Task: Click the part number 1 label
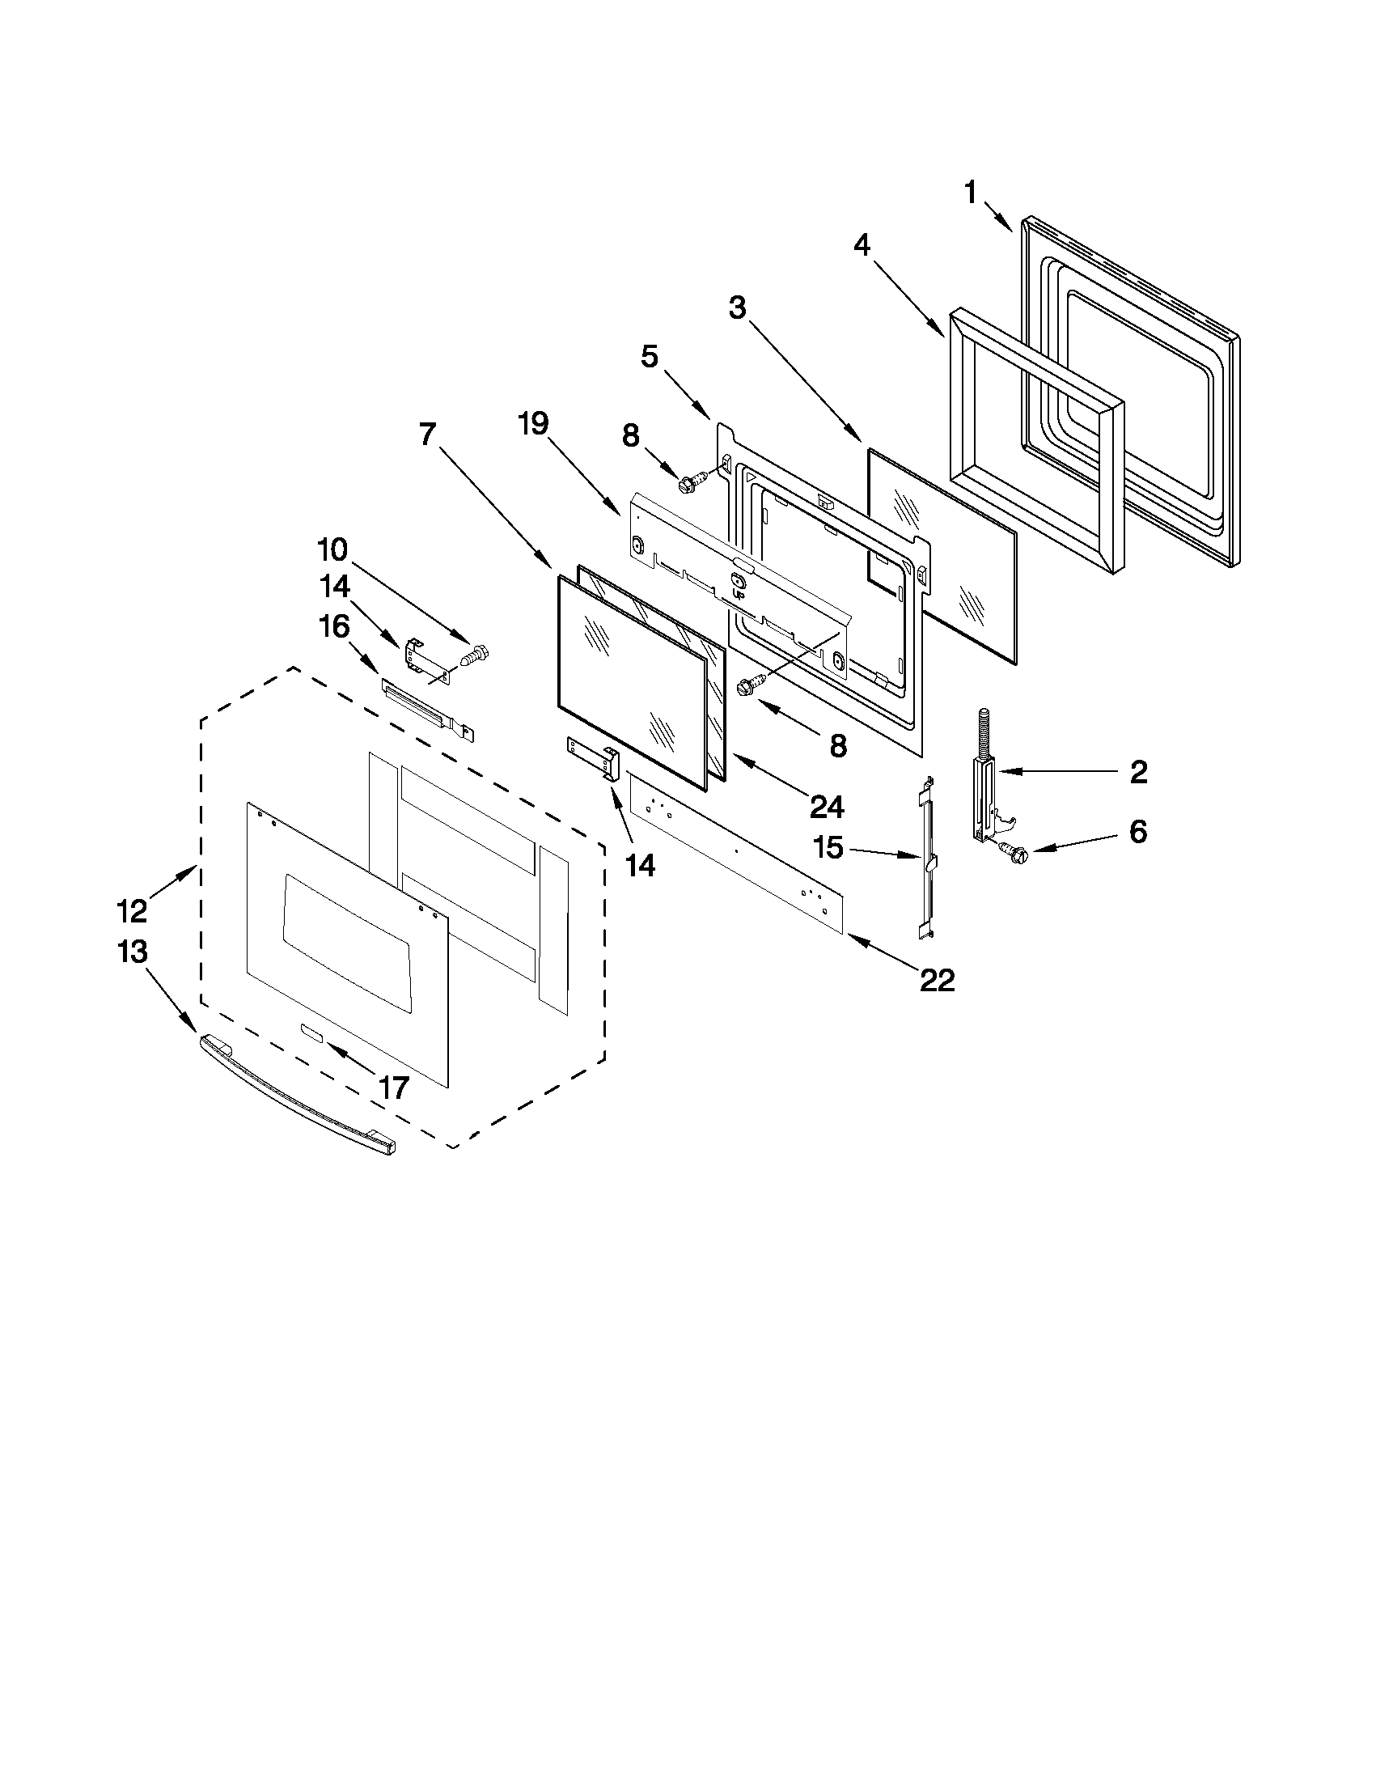point(970,193)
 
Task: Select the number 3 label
point(737,308)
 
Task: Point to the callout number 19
point(534,424)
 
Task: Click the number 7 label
point(428,434)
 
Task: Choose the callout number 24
point(826,807)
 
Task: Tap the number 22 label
point(937,980)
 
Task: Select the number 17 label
point(393,1087)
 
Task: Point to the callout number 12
point(132,910)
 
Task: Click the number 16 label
point(333,626)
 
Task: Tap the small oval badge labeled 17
point(311,1033)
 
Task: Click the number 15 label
point(828,847)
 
